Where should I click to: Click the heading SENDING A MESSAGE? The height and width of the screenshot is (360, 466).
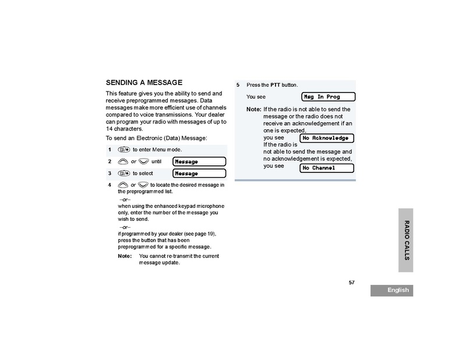tap(144, 83)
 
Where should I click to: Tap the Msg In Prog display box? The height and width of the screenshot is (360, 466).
tap(329, 97)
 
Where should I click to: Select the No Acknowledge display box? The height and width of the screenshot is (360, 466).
tap(327, 138)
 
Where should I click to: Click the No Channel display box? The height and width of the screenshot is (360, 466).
tap(327, 168)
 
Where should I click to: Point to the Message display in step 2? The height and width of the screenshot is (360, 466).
tap(199, 161)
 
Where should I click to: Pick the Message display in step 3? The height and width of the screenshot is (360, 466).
tap(199, 174)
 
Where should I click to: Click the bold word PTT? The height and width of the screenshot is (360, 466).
tap(276, 85)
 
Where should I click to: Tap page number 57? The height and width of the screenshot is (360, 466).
tap(352, 282)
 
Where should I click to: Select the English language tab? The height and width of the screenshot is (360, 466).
tap(391, 290)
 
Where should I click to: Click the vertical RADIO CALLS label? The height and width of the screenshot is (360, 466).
tap(406, 239)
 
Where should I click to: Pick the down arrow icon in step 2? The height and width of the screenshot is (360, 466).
tap(143, 161)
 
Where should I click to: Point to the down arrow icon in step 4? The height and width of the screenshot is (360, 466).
tap(143, 185)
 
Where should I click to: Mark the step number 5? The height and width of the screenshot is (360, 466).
tap(238, 85)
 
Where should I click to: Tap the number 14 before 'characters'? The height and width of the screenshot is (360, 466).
tap(109, 129)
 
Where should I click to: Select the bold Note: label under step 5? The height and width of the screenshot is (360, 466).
tap(253, 109)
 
